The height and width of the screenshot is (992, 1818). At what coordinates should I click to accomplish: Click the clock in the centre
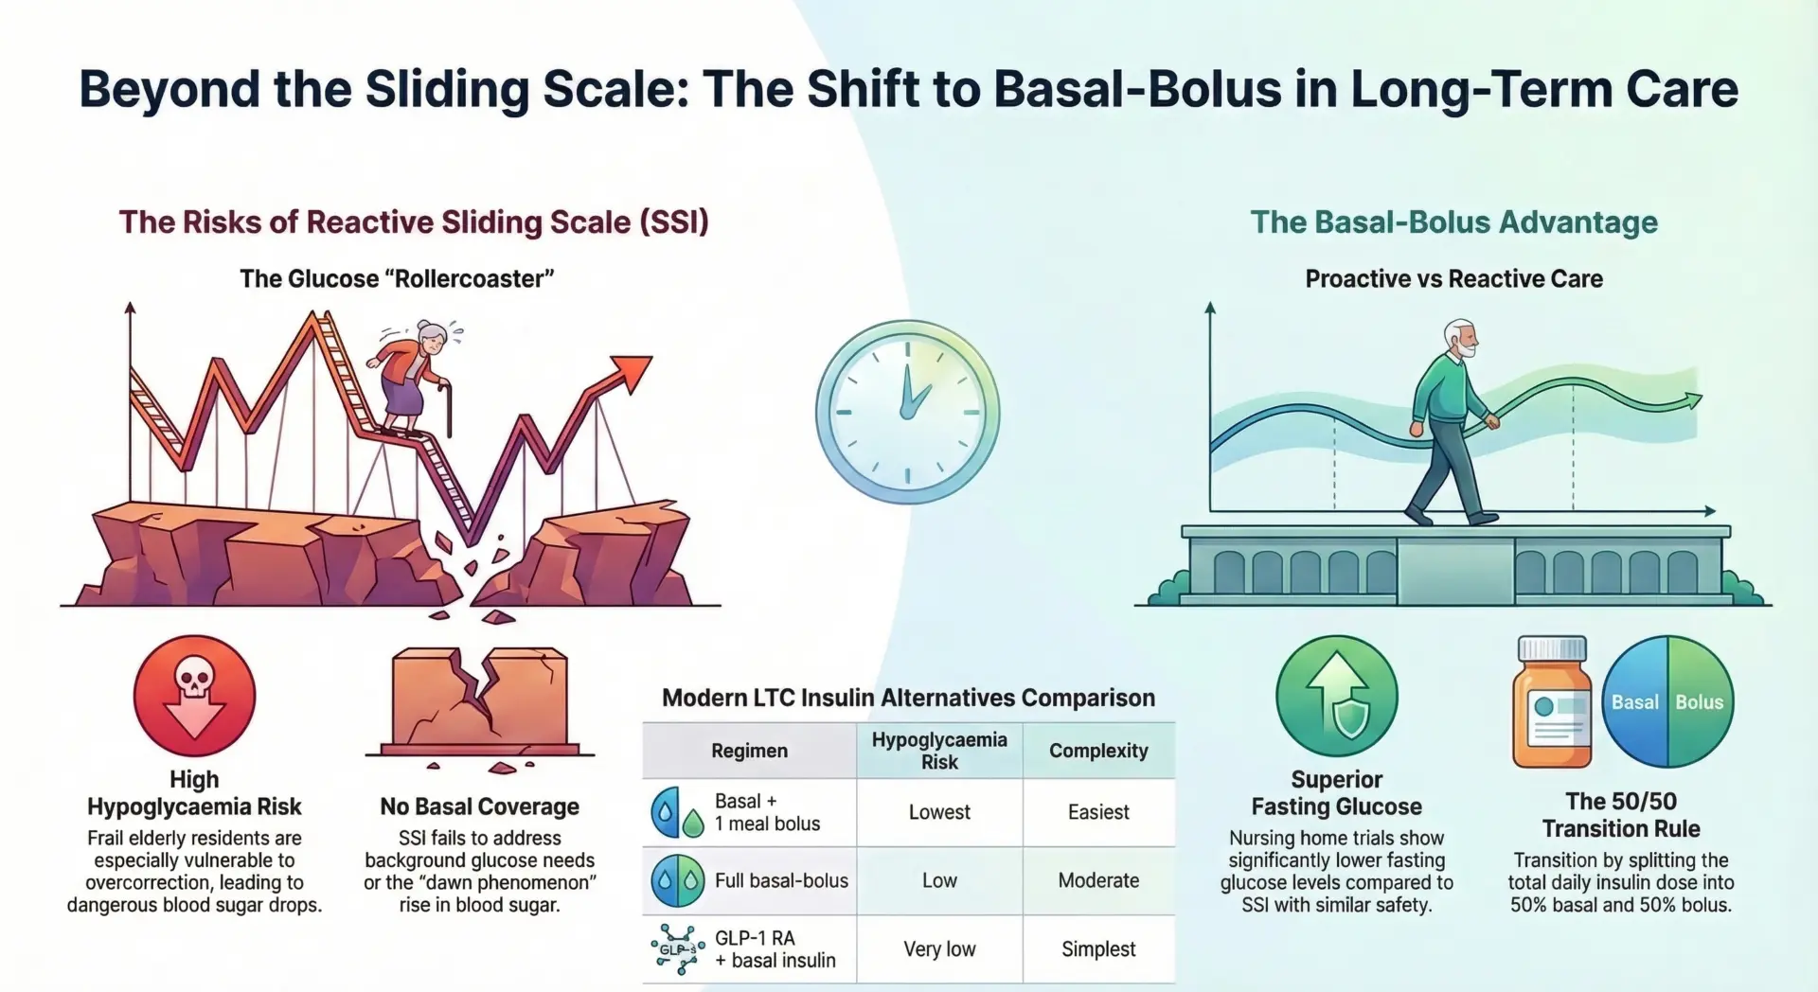click(x=907, y=412)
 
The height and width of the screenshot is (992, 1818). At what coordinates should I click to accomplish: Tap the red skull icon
click(x=194, y=696)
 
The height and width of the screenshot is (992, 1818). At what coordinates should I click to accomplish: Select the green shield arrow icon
click(x=1336, y=696)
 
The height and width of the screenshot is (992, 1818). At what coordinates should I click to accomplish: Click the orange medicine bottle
click(x=1552, y=705)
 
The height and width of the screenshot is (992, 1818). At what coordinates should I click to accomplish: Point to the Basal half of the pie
click(x=1634, y=702)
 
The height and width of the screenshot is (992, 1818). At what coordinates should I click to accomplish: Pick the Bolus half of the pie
click(x=1701, y=702)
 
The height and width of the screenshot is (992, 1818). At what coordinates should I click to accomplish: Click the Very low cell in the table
click(x=939, y=949)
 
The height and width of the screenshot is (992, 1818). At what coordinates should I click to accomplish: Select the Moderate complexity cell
click(x=1098, y=880)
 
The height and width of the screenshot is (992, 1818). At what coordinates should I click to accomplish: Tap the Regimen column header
click(x=749, y=751)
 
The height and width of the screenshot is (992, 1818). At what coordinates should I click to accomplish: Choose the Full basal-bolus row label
click(x=781, y=880)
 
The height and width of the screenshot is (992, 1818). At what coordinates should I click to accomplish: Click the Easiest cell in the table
click(x=1098, y=812)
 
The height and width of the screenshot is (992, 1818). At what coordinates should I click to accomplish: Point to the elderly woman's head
click(x=433, y=337)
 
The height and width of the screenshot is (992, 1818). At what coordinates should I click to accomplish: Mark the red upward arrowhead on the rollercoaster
click(x=632, y=370)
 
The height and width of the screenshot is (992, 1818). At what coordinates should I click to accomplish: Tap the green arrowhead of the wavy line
click(x=1690, y=401)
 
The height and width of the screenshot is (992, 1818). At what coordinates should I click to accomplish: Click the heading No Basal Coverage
click(x=479, y=806)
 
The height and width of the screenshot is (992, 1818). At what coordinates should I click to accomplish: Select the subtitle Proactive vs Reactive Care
click(x=1453, y=278)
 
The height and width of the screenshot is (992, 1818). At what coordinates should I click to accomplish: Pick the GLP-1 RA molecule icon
click(x=677, y=949)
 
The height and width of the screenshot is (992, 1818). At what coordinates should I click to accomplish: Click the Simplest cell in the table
click(x=1098, y=949)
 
